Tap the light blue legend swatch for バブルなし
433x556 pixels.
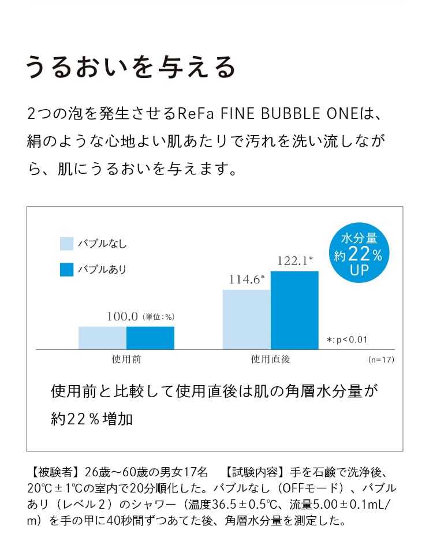[x=67, y=244]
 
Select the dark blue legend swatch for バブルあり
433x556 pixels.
[x=67, y=269]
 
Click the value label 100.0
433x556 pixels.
[x=122, y=316]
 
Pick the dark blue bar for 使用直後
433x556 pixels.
[x=294, y=310]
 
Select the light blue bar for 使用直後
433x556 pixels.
[x=247, y=319]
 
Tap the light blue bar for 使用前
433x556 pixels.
[x=102, y=338]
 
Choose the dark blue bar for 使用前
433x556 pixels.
[x=150, y=338]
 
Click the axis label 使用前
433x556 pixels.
[x=126, y=359]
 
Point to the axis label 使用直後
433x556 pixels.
[x=270, y=359]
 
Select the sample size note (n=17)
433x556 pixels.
[x=380, y=360]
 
